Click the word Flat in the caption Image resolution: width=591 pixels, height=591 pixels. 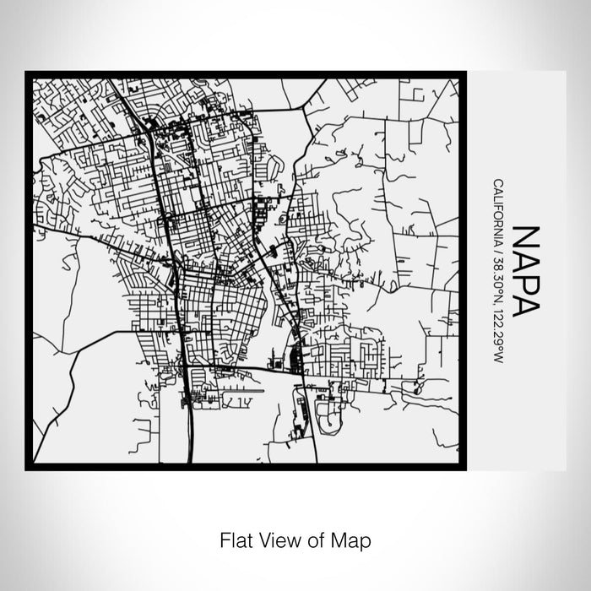(233, 538)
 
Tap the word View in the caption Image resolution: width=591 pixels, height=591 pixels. (274, 538)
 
